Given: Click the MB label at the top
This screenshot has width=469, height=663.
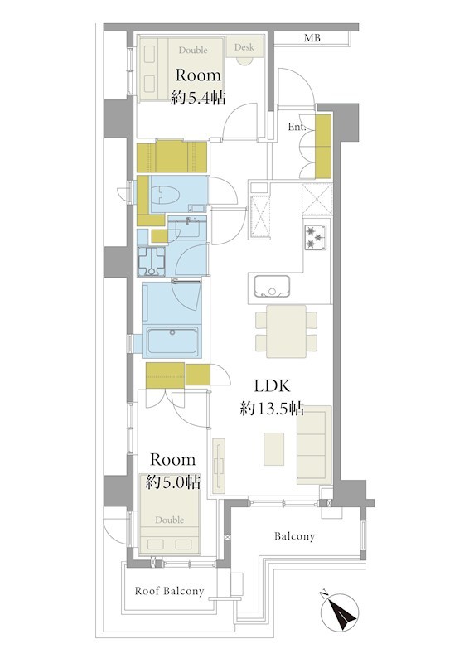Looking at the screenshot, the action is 312,38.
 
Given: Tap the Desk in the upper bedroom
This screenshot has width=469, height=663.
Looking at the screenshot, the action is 244,46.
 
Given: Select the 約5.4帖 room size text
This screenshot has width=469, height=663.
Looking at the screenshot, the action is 198,99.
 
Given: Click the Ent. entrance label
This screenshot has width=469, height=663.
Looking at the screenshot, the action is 297,127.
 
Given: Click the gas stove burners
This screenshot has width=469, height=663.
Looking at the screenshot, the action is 315,236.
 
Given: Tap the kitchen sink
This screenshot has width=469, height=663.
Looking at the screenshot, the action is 272,286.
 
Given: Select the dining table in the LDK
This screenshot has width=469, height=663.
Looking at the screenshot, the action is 287,331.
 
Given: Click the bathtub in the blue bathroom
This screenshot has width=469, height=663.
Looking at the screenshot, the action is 172,341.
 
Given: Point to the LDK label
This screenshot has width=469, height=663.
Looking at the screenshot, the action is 272,385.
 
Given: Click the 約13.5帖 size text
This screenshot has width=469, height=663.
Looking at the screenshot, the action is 272,409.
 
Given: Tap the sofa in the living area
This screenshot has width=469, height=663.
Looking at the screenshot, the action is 314,445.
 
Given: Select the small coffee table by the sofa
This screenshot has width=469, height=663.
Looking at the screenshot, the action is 274,448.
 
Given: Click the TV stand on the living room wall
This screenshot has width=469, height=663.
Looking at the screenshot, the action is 219,466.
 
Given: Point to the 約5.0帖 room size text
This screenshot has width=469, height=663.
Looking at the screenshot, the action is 172,482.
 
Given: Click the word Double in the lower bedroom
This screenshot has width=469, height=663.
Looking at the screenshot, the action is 170,520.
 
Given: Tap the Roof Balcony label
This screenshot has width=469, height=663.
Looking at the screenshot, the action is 169,591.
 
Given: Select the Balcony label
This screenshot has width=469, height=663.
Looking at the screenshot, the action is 294,536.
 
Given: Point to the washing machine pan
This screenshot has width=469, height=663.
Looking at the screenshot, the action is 152,260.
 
